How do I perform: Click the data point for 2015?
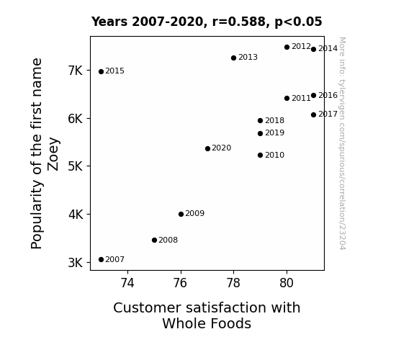(101, 71)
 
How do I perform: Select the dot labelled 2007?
(101, 260)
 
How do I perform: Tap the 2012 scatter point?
(287, 47)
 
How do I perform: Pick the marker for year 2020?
(207, 149)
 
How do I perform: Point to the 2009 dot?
(181, 215)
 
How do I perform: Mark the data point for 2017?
(313, 115)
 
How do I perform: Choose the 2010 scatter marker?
(261, 155)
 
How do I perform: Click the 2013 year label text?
(248, 57)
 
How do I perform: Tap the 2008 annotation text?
(168, 240)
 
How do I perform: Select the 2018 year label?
(274, 120)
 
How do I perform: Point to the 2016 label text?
(328, 95)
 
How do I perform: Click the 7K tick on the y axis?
(76, 71)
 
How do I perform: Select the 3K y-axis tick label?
(76, 263)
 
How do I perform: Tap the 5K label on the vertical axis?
(76, 166)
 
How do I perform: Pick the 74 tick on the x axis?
(127, 283)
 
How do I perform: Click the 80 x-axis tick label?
(287, 283)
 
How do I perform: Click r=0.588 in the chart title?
(239, 22)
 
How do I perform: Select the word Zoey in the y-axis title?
(53, 154)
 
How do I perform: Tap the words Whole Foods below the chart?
(207, 323)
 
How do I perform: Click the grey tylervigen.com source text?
(342, 143)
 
